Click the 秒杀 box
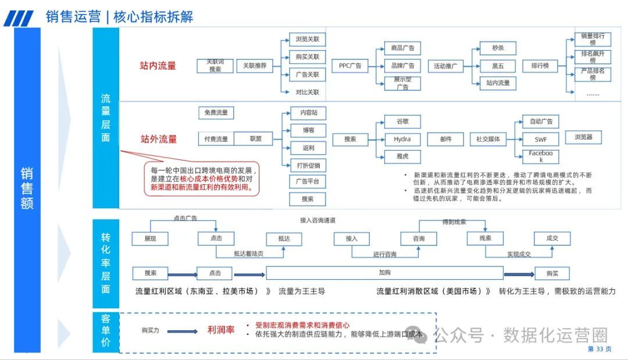click(498, 48)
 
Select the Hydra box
click(402, 140)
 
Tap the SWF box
click(540, 140)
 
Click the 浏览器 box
click(583, 138)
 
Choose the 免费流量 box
click(216, 113)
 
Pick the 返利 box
click(308, 148)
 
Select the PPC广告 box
click(350, 66)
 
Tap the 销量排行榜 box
click(592, 40)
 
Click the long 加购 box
click(384, 273)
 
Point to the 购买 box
click(552, 273)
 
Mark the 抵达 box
click(284, 239)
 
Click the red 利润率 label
click(221, 330)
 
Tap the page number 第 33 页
click(600, 349)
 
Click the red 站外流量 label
click(159, 140)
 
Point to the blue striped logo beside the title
click(19, 19)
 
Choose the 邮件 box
click(445, 140)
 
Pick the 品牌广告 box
click(402, 66)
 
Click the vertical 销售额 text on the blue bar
click(27, 188)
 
